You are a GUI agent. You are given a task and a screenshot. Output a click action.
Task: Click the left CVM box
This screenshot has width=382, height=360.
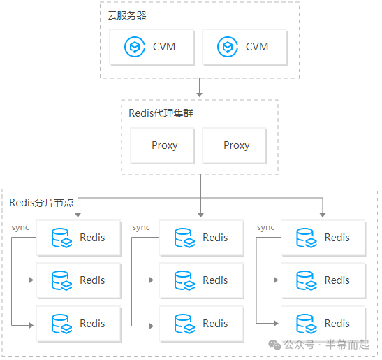point(152,48)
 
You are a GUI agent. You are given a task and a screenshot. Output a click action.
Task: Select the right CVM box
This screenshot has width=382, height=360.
point(244,48)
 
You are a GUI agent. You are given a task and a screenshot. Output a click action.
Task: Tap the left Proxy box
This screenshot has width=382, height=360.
point(164,145)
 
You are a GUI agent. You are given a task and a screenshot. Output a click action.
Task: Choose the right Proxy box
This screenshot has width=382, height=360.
point(236,145)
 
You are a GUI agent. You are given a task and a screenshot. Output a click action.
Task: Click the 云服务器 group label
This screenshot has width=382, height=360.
point(127,15)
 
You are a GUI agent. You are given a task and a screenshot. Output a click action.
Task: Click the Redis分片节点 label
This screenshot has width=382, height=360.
point(42,202)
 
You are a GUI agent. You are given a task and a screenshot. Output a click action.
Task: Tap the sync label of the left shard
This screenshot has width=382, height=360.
point(21,228)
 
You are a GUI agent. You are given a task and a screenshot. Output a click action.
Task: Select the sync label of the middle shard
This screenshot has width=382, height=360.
point(141,228)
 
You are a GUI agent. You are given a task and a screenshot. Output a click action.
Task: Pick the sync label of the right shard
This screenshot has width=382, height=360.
point(265,228)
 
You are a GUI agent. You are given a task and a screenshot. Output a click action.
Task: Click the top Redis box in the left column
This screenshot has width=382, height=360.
point(78,238)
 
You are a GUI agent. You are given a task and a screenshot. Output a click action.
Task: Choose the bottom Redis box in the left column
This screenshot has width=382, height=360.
point(78,324)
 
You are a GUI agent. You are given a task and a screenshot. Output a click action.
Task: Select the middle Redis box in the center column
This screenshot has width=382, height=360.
point(201,280)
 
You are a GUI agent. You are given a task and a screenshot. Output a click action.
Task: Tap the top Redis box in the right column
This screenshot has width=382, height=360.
point(323,238)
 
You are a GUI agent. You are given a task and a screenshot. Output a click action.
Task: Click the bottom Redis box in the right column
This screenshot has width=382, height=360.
point(323,324)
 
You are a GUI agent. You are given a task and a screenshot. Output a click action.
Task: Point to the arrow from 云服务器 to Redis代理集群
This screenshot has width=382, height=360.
point(200,88)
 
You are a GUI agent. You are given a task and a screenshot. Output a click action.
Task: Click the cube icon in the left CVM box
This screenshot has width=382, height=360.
point(133,48)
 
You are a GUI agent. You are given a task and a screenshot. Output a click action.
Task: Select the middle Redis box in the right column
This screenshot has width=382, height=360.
point(323,280)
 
